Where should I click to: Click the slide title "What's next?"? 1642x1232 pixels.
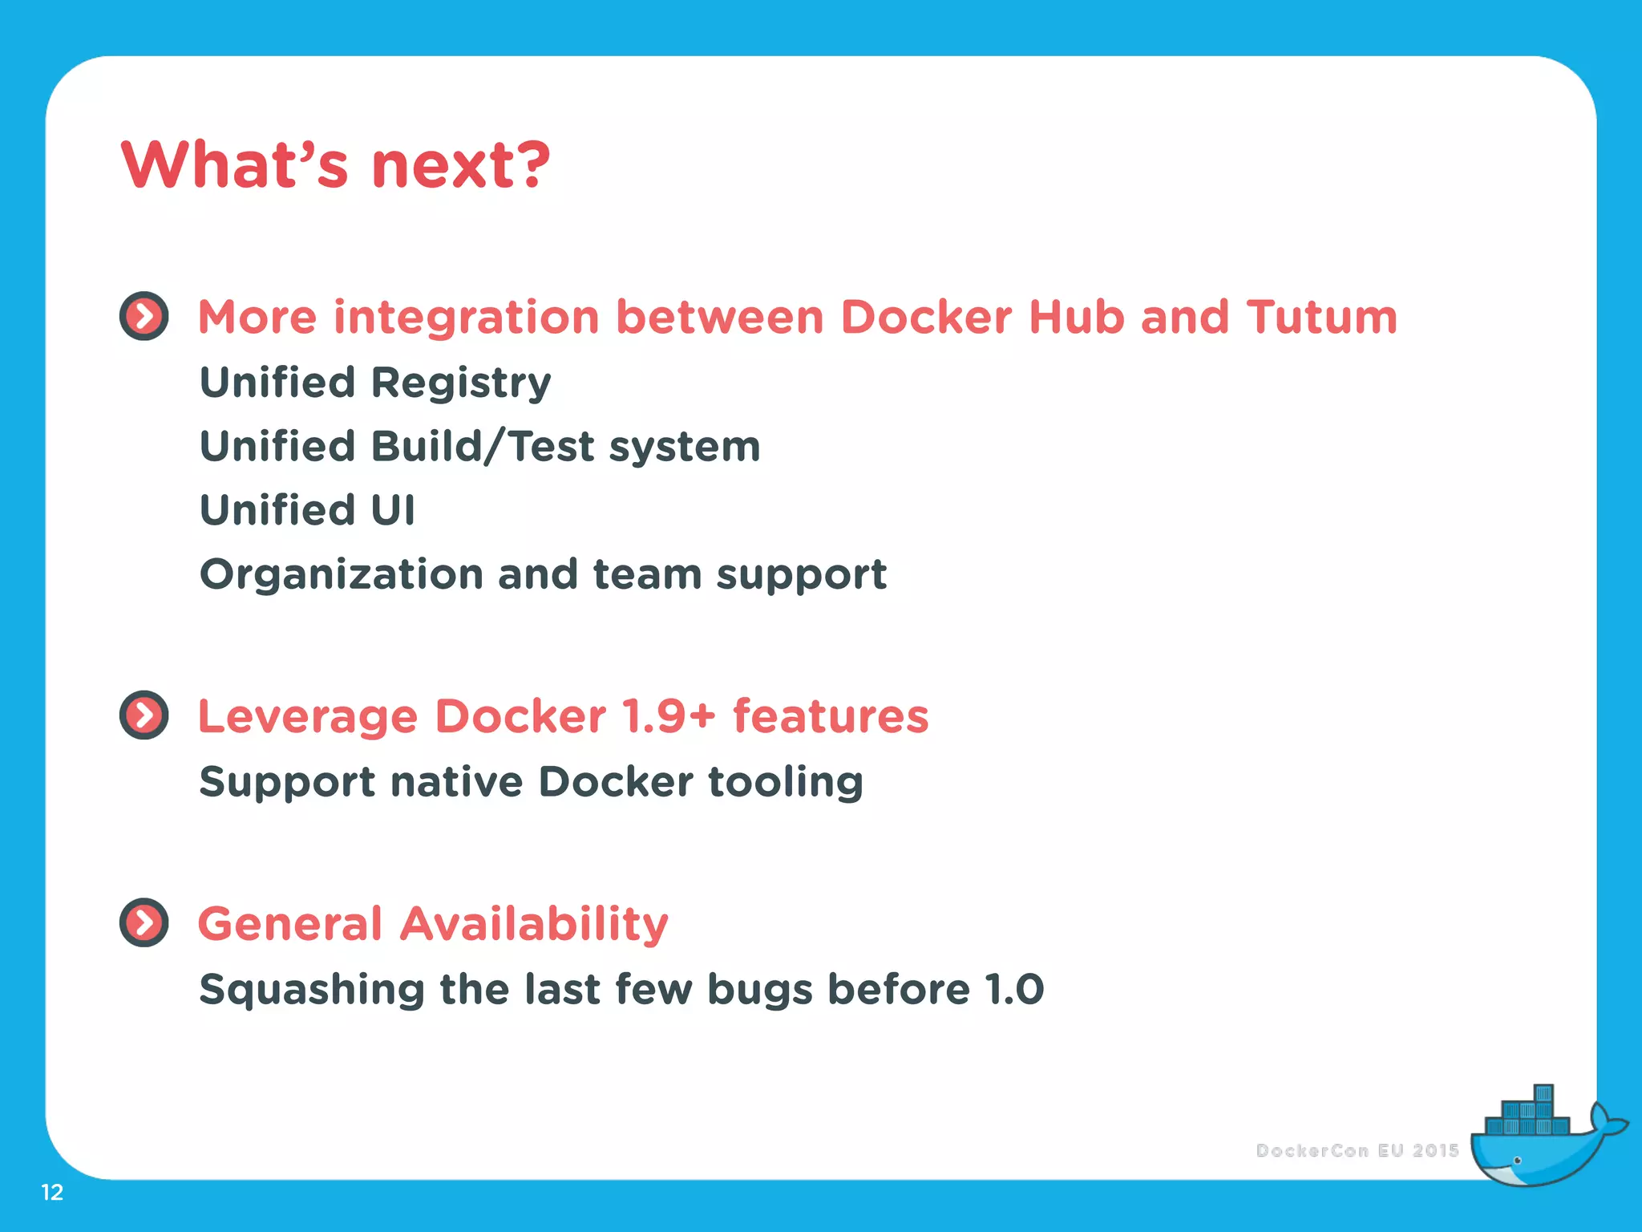click(x=335, y=165)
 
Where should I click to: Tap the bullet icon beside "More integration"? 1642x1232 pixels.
click(x=144, y=316)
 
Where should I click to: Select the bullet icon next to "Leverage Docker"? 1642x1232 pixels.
click(x=144, y=715)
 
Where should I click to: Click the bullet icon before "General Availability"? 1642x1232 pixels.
click(x=144, y=922)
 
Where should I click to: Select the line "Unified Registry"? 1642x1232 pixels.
click(x=375, y=383)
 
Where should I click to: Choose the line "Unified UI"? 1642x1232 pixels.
click(x=307, y=510)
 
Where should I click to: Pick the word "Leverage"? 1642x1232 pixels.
click(x=308, y=717)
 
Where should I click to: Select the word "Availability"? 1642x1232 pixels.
click(x=534, y=924)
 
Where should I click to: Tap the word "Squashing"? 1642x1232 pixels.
click(x=312, y=990)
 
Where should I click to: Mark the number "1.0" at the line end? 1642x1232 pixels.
click(x=1014, y=989)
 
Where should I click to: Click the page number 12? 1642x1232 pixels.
click(x=52, y=1193)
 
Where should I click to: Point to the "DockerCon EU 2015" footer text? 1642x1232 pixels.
click(x=1357, y=1151)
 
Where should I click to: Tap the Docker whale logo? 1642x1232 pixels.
click(x=1539, y=1139)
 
